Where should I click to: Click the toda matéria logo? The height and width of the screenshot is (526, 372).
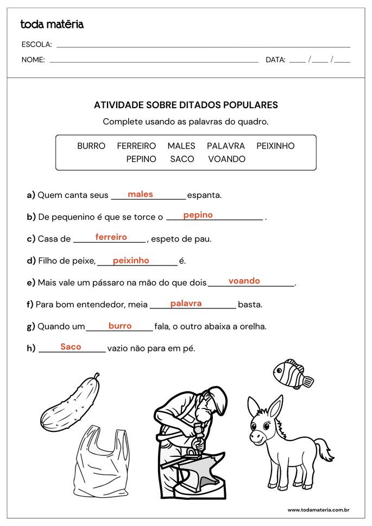coord(52,24)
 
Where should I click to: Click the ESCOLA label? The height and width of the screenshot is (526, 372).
coord(36,45)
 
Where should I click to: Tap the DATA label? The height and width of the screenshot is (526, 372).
coord(275,60)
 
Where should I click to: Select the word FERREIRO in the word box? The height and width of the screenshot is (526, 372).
coord(136,146)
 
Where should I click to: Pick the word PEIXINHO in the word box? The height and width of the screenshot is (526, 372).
coord(275,146)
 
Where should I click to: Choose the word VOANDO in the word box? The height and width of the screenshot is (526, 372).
coord(226,159)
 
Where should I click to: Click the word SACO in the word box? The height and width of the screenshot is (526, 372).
coord(182,159)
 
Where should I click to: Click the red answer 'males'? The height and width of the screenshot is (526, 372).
coord(140,194)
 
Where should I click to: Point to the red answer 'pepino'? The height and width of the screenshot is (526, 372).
coord(198,215)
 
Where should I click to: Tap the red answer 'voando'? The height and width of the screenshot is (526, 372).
coord(244,281)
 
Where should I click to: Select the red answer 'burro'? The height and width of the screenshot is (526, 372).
coord(120,326)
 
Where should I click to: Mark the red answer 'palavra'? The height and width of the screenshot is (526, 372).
coord(186,304)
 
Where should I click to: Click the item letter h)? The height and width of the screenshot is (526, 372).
coord(31,349)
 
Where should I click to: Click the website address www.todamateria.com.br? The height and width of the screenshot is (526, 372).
coord(318,510)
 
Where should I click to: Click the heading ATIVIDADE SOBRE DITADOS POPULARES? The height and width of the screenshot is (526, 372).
coord(186,105)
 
